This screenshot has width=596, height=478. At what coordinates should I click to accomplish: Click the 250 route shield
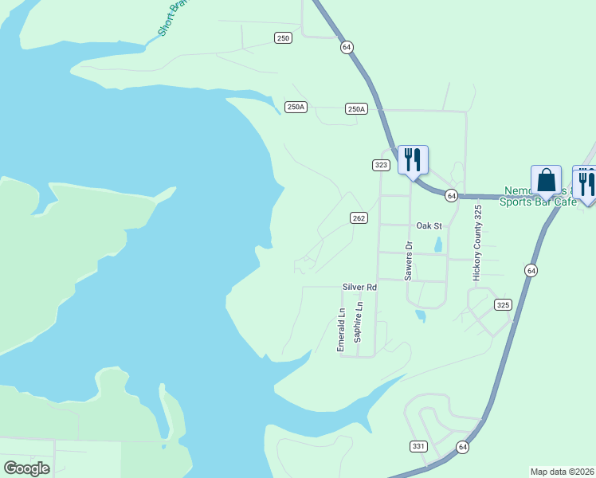coord(283,37)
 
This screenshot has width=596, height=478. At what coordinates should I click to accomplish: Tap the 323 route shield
coord(381,165)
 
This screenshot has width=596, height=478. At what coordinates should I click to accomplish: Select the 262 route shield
coord(359,217)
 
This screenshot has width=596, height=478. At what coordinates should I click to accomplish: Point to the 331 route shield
coord(418,446)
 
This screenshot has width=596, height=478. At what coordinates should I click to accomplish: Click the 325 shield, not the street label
coord(502,304)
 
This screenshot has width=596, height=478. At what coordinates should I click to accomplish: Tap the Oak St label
coord(429,225)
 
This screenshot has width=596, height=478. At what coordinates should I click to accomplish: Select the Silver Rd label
coord(359,286)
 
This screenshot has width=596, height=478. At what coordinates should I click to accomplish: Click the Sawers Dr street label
coord(408,260)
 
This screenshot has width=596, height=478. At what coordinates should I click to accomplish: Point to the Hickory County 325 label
coord(478,242)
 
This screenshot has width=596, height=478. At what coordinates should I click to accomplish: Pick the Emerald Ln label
coord(341,329)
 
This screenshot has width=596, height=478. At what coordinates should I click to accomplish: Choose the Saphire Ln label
coord(359,322)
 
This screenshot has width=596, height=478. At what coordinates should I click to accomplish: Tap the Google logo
coord(26,468)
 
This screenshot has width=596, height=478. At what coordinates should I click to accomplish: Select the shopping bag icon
coord(547,180)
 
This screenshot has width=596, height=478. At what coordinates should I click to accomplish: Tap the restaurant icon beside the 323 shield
coord(412,160)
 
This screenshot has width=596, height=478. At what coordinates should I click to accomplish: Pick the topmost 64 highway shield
coord(346,47)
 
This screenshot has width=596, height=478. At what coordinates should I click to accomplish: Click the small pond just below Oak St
coord(438,245)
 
